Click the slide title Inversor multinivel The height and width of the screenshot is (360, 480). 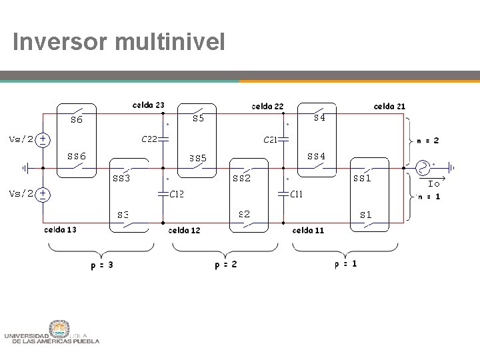119,43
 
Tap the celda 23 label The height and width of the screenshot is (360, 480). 148,105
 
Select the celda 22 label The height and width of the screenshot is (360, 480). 267,106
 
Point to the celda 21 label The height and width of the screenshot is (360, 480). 389,106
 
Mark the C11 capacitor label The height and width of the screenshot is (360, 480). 297,195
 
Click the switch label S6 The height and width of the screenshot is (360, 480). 77,121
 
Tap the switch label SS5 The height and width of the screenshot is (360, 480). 198,159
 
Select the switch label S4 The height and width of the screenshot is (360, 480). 319,118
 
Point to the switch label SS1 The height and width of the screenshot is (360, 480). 362,179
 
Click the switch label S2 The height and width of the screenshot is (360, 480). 244,214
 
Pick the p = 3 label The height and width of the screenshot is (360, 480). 101,265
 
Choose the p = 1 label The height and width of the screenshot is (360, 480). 345,263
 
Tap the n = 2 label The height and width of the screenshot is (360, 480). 427,141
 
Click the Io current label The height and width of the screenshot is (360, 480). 433,183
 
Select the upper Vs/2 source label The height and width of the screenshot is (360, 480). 21,139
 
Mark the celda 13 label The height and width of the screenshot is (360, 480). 60,230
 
